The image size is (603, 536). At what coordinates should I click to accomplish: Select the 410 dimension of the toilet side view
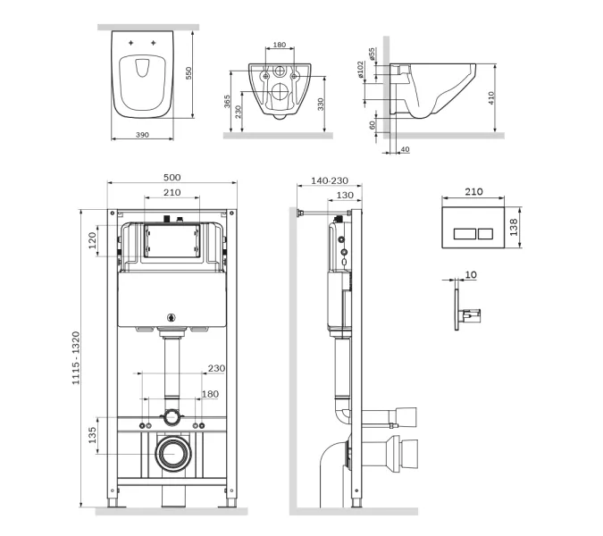pyautogui.click(x=490, y=98)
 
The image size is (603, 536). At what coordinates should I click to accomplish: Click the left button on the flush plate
pyautogui.click(x=465, y=233)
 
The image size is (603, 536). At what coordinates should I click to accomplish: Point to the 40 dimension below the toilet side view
pyautogui.click(x=406, y=149)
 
